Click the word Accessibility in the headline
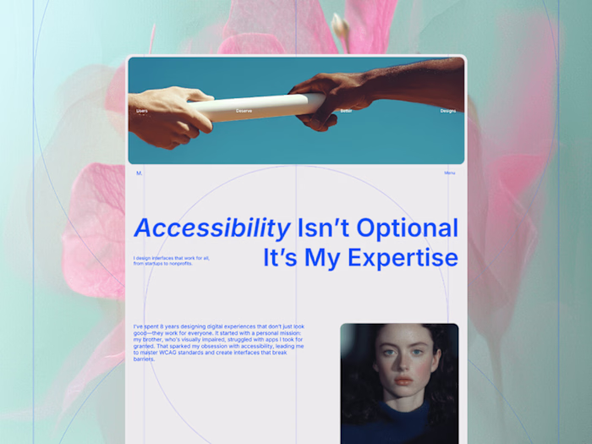(212, 228)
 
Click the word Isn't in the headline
(322, 228)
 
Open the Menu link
(450, 173)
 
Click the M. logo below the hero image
(140, 173)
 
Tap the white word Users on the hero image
(142, 111)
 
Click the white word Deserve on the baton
(244, 111)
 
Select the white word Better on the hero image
(346, 111)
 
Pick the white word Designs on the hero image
(447, 111)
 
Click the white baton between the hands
(254, 107)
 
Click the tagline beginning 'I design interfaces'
(172, 260)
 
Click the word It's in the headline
(281, 258)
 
